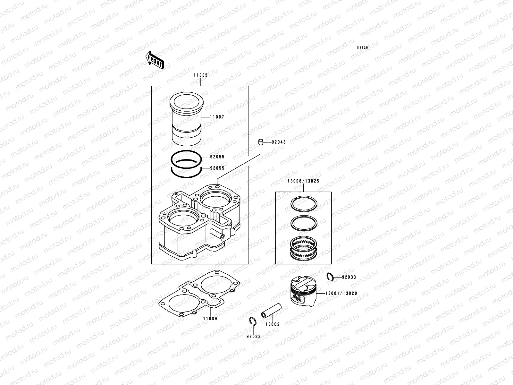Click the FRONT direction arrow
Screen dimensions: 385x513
click(x=155, y=60)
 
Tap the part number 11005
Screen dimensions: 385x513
click(x=200, y=75)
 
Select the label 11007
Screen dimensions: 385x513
click(x=217, y=117)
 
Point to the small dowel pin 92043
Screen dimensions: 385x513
click(x=261, y=142)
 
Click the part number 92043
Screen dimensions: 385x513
click(x=279, y=142)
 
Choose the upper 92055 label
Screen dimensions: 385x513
click(x=217, y=157)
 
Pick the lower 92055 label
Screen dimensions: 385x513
click(x=217, y=168)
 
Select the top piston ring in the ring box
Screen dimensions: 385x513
click(x=304, y=204)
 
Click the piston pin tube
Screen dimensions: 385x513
click(x=271, y=311)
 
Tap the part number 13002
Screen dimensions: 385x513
click(x=272, y=324)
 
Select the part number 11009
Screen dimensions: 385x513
click(x=210, y=319)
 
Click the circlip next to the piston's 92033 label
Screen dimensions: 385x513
click(x=330, y=277)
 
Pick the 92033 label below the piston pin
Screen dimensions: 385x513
click(x=254, y=337)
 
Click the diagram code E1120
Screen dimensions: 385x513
click(x=363, y=48)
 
